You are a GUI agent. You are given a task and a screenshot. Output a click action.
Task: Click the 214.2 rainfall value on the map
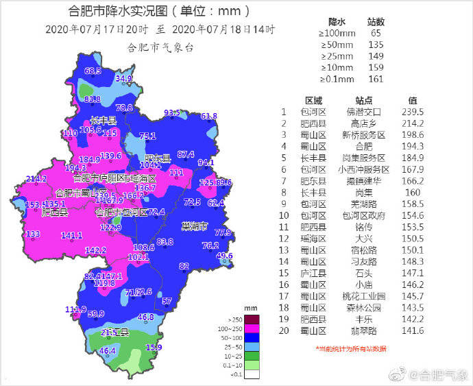click(x=36, y=179)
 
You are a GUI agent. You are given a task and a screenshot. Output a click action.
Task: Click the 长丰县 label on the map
click(x=103, y=119)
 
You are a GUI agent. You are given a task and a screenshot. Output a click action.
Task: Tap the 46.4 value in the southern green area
click(x=108, y=351)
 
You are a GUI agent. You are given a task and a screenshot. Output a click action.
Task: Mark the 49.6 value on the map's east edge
click(x=225, y=256)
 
